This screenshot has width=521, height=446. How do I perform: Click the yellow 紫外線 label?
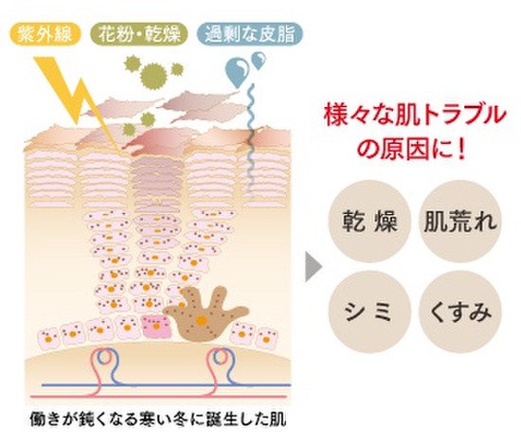point(45,33)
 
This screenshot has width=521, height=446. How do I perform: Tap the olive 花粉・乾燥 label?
point(139,33)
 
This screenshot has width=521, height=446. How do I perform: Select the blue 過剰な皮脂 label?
point(249,33)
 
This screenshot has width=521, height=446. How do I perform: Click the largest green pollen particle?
point(153,77)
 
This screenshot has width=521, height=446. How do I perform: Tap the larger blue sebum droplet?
point(237,72)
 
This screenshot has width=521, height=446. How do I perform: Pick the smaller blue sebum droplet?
point(259,61)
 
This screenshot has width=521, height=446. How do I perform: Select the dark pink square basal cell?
point(155,326)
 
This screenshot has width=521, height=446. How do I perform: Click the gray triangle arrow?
point(313,267)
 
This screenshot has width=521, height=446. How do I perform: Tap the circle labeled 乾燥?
point(369,222)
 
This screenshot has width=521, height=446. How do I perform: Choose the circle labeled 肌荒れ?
point(459,222)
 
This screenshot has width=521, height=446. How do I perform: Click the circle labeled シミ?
point(369,312)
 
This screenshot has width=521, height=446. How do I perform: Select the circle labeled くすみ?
point(459,312)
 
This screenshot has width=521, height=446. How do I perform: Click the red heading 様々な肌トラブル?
point(415,116)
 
